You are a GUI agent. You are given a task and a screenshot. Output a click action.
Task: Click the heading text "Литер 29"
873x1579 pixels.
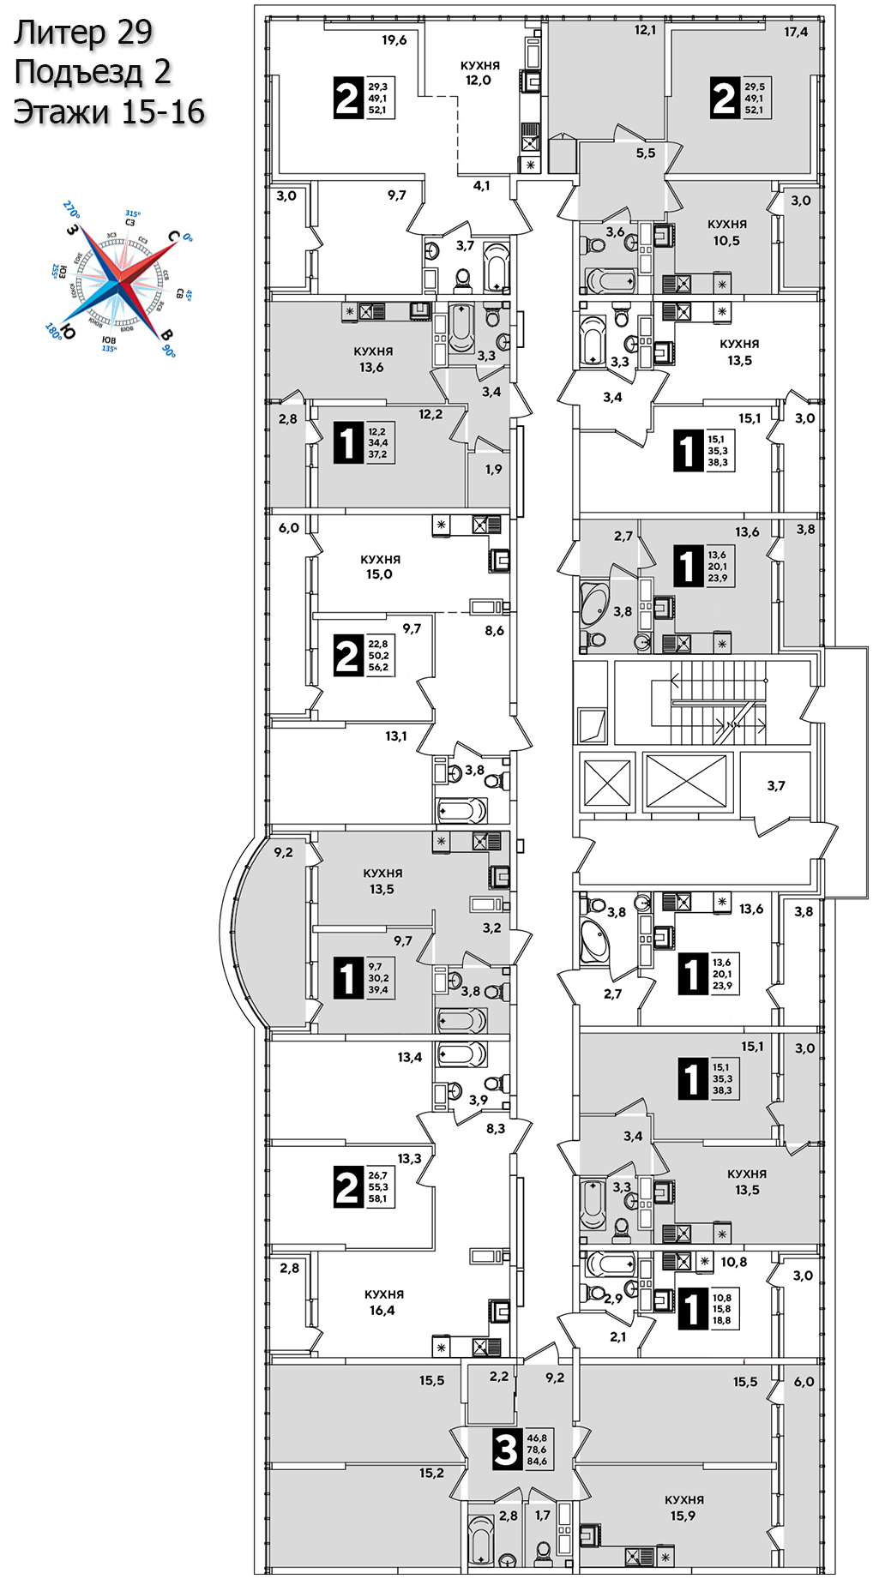[83, 33]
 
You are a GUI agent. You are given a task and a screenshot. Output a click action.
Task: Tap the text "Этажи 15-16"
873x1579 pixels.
[109, 112]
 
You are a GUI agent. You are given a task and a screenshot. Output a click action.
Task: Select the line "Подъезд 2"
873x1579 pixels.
[93, 72]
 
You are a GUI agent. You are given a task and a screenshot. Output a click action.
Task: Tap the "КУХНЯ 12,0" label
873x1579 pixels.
[479, 73]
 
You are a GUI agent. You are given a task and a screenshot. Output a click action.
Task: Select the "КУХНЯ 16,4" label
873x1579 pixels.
[383, 1302]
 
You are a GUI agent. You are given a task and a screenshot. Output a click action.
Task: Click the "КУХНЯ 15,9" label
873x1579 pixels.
[684, 1508]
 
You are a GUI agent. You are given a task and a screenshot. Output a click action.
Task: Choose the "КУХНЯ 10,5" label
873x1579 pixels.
[726, 232]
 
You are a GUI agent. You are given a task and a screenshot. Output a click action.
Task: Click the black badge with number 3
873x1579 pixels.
[507, 1450]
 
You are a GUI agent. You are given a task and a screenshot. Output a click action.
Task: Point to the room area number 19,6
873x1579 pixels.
[394, 40]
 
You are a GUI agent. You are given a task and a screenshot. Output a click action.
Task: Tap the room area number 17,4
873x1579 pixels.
[796, 33]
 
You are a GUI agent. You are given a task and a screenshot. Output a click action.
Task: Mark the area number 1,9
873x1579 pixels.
[494, 470]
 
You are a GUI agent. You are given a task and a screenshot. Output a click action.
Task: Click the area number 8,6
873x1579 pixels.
[495, 631]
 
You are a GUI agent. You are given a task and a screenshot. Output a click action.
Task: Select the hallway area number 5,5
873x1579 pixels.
[646, 153]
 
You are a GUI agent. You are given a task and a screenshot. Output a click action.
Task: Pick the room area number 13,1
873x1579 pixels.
[396, 736]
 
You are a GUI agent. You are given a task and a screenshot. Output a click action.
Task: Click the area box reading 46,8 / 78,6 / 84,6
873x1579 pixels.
[537, 1450]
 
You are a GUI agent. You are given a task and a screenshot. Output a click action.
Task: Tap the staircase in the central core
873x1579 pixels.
[715, 703]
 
